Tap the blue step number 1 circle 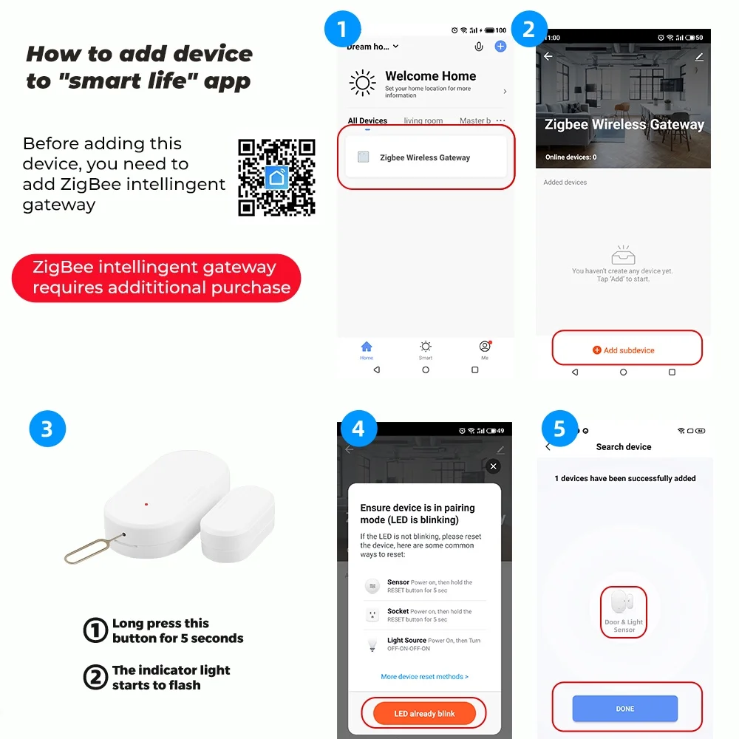click(x=342, y=30)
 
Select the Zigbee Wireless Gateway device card click(x=424, y=157)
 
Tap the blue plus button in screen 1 click(x=500, y=47)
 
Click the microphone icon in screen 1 click(x=479, y=47)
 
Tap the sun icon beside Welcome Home click(x=362, y=84)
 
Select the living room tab click(x=423, y=121)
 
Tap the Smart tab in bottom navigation click(x=426, y=349)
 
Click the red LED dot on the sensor click(x=146, y=505)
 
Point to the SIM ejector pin click(x=89, y=551)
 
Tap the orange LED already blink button click(x=424, y=713)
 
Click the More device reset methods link click(x=424, y=676)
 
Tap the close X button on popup click(x=494, y=466)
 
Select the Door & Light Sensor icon click(x=624, y=610)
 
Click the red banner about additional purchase click(x=157, y=278)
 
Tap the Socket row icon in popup click(x=372, y=616)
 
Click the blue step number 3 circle click(x=47, y=429)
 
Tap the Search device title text click(x=624, y=447)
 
